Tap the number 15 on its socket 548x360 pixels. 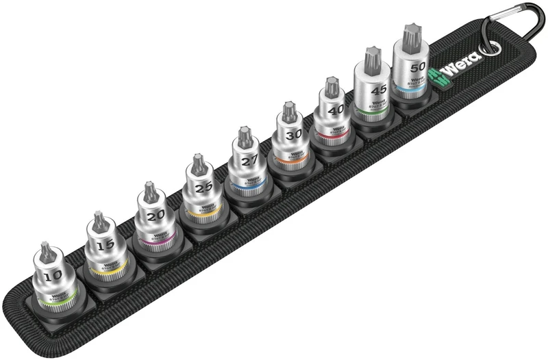tap(104, 243)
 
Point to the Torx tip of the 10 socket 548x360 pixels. tap(45, 250)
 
